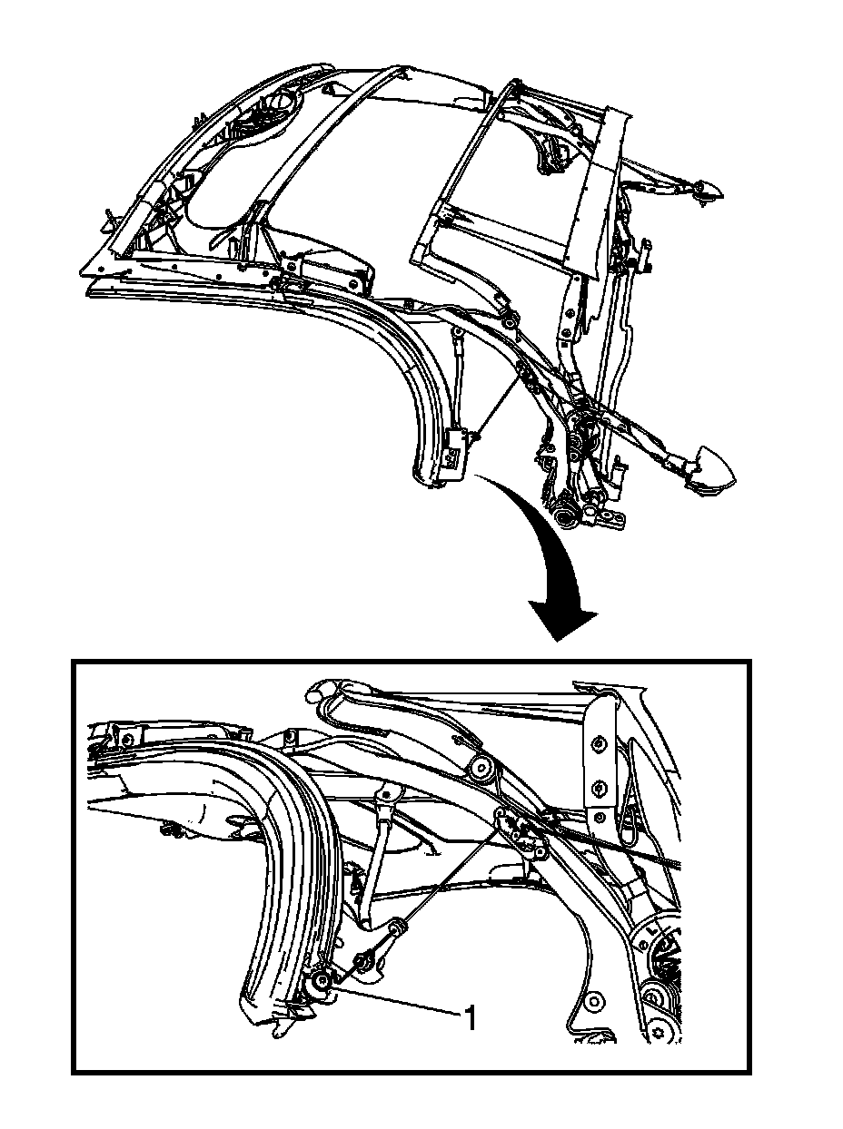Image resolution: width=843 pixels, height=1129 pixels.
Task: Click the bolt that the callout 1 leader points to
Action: pos(321,982)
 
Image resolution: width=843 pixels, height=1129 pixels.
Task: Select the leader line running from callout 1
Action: pos(400,1003)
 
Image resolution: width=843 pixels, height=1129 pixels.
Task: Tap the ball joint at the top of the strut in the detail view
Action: pos(388,792)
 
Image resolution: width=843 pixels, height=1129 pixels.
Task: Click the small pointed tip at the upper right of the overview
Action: pos(709,190)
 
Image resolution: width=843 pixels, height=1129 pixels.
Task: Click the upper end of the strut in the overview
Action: pos(459,341)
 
